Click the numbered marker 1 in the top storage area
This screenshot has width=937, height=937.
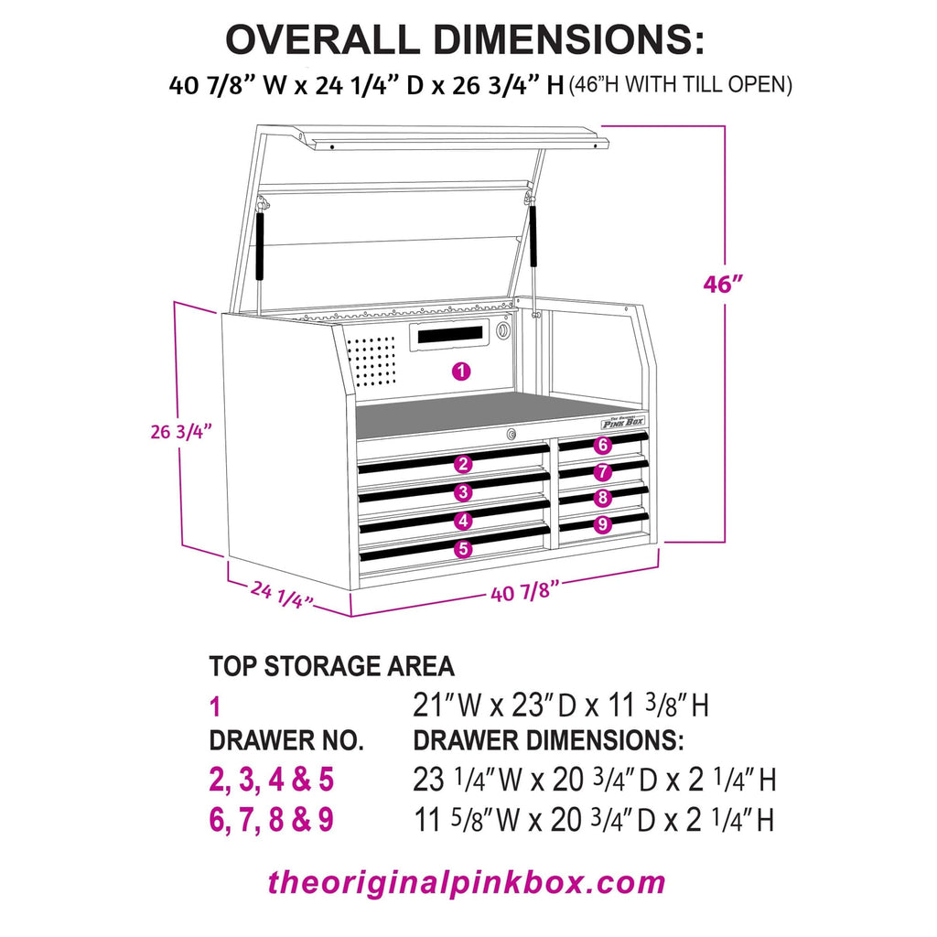click(461, 372)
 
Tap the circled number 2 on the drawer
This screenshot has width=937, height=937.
click(464, 464)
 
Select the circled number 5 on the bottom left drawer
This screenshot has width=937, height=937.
click(463, 549)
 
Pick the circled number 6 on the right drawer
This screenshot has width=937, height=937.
click(601, 446)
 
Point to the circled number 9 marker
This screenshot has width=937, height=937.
click(601, 524)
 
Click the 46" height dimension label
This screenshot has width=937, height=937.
click(722, 284)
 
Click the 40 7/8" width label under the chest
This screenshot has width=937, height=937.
click(525, 592)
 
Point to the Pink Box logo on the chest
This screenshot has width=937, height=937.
click(622, 421)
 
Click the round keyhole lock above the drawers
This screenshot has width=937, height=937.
click(512, 433)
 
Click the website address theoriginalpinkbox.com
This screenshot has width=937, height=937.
click(467, 883)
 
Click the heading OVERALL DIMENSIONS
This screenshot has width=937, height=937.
click(466, 40)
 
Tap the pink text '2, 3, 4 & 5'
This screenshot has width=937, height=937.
click(272, 780)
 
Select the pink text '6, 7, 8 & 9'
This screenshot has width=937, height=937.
click(272, 820)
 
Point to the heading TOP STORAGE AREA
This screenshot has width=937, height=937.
click(331, 665)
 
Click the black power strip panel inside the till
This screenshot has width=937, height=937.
click(450, 336)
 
